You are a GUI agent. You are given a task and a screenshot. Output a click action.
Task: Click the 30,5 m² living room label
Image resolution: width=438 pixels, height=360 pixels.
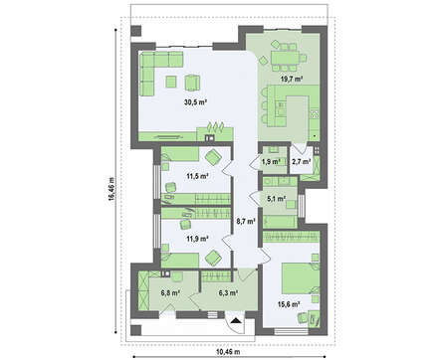[x=196, y=102]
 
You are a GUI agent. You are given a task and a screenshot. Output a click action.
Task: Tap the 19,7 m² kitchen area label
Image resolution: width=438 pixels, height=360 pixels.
[x=293, y=79]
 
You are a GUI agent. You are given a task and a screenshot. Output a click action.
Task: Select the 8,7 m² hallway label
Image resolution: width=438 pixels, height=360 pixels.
[x=246, y=220]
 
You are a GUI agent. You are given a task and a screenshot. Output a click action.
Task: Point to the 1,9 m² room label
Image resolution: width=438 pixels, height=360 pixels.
[x=272, y=162]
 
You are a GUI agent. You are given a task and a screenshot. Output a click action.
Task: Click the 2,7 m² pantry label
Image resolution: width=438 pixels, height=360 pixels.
[x=302, y=162]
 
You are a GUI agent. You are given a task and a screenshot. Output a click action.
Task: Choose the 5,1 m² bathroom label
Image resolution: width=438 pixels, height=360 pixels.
[x=277, y=199]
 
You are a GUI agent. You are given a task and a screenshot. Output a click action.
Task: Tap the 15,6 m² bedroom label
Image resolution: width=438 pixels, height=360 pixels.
[x=290, y=303]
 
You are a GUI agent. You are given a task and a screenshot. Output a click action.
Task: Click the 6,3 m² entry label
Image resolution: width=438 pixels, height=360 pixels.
[x=228, y=293]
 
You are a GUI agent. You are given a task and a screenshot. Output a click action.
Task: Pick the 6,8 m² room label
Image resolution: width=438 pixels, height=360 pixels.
[x=170, y=293]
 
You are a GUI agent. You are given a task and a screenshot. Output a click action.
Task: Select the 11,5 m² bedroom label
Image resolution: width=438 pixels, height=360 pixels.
[x=197, y=176]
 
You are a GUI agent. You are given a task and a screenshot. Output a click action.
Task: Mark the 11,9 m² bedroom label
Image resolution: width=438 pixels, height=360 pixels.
[x=197, y=238]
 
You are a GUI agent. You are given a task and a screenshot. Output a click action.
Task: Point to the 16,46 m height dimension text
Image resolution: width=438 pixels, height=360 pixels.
[x=111, y=188]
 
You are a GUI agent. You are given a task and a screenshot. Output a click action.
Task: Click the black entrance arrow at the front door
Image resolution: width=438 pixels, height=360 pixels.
[x=236, y=320]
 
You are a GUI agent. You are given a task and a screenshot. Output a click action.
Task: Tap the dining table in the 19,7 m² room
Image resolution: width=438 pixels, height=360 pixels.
[x=285, y=57]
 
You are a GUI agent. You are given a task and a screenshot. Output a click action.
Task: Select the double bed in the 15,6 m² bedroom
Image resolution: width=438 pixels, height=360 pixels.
[x=297, y=277]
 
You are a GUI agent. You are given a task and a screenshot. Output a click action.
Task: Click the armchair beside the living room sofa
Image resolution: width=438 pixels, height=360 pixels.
[x=192, y=83]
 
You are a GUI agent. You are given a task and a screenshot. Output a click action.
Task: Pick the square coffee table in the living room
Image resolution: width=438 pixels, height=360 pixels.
[x=171, y=82]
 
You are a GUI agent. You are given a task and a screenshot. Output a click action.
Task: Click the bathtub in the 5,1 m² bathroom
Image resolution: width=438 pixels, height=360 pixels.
[x=280, y=222]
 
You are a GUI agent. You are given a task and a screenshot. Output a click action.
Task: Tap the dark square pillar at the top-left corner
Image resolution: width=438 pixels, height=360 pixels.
[x=136, y=31]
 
